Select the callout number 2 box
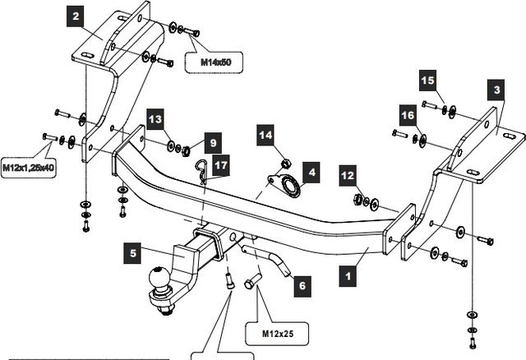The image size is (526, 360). point(76,16)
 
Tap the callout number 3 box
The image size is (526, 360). point(496,88)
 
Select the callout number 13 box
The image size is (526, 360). point(156,120)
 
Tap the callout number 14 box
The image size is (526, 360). point(265,135)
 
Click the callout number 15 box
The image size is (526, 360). point(427,80)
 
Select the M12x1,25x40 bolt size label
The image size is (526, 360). point(28,168)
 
